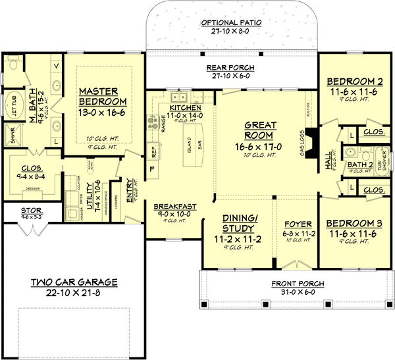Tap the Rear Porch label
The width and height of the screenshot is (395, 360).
coord(230,68)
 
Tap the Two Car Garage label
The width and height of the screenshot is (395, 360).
coord(74,282)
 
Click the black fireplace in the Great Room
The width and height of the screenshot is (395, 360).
coord(315,139)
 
